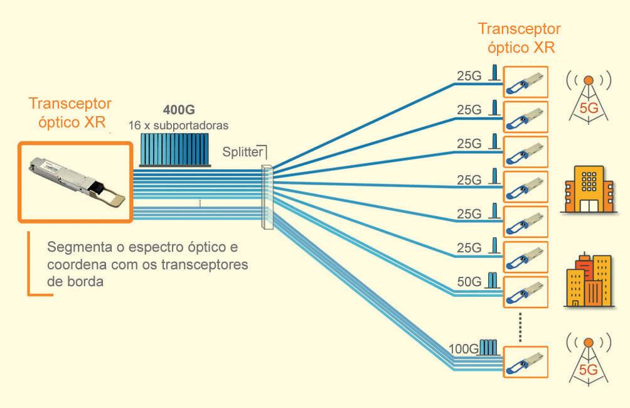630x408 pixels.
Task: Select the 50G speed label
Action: pyautogui.click(x=469, y=281)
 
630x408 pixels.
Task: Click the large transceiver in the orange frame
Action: pyautogui.click(x=75, y=183)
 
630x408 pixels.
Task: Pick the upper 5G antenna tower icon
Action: pyautogui.click(x=589, y=97)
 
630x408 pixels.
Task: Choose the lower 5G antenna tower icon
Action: pyautogui.click(x=589, y=358)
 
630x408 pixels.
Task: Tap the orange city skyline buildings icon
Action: pyautogui.click(x=589, y=281)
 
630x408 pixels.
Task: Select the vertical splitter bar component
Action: pyautogui.click(x=266, y=194)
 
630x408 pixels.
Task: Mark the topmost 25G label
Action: pyautogui.click(x=469, y=76)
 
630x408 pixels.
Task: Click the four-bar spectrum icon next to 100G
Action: pyautogui.click(x=488, y=348)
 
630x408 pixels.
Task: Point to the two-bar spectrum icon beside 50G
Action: pyautogui.click(x=493, y=279)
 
